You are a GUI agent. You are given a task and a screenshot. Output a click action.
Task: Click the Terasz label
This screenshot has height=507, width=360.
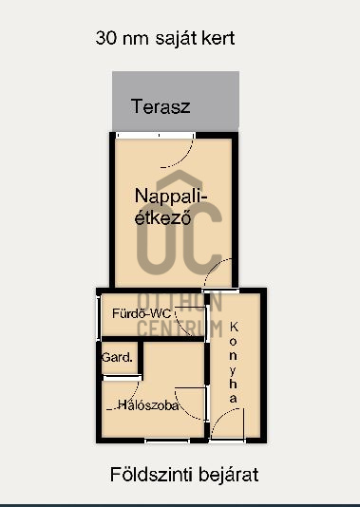click(161, 106)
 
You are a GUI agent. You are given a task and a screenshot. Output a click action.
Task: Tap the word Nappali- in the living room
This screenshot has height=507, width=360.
click(170, 197)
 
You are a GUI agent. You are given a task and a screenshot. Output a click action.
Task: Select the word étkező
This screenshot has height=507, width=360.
click(162, 217)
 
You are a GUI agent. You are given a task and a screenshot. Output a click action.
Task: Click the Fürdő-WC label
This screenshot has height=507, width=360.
click(142, 313)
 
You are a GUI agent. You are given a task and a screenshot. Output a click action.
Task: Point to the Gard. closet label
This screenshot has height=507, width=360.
click(117, 357)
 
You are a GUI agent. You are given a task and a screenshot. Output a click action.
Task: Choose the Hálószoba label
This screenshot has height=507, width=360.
click(148, 404)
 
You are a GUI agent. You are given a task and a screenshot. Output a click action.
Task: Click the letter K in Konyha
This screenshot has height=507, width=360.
click(234, 327)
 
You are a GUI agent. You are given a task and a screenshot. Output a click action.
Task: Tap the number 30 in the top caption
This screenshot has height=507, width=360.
click(106, 38)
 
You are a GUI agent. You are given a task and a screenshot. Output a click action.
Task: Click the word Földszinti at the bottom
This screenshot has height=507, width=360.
click(151, 475)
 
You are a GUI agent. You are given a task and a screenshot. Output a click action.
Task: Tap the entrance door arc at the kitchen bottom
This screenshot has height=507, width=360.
click(223, 417)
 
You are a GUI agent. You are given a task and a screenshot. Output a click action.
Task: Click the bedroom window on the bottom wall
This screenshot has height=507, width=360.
click(167, 441)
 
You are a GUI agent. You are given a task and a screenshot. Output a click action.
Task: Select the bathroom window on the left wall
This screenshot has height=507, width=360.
click(99, 317)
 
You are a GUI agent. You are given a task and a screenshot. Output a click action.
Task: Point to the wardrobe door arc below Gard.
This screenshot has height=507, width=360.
click(128, 399)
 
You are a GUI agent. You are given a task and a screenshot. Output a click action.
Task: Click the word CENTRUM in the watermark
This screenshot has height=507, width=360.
click(180, 329)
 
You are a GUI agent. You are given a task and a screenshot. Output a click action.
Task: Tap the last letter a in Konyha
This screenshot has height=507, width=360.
click(234, 399)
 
